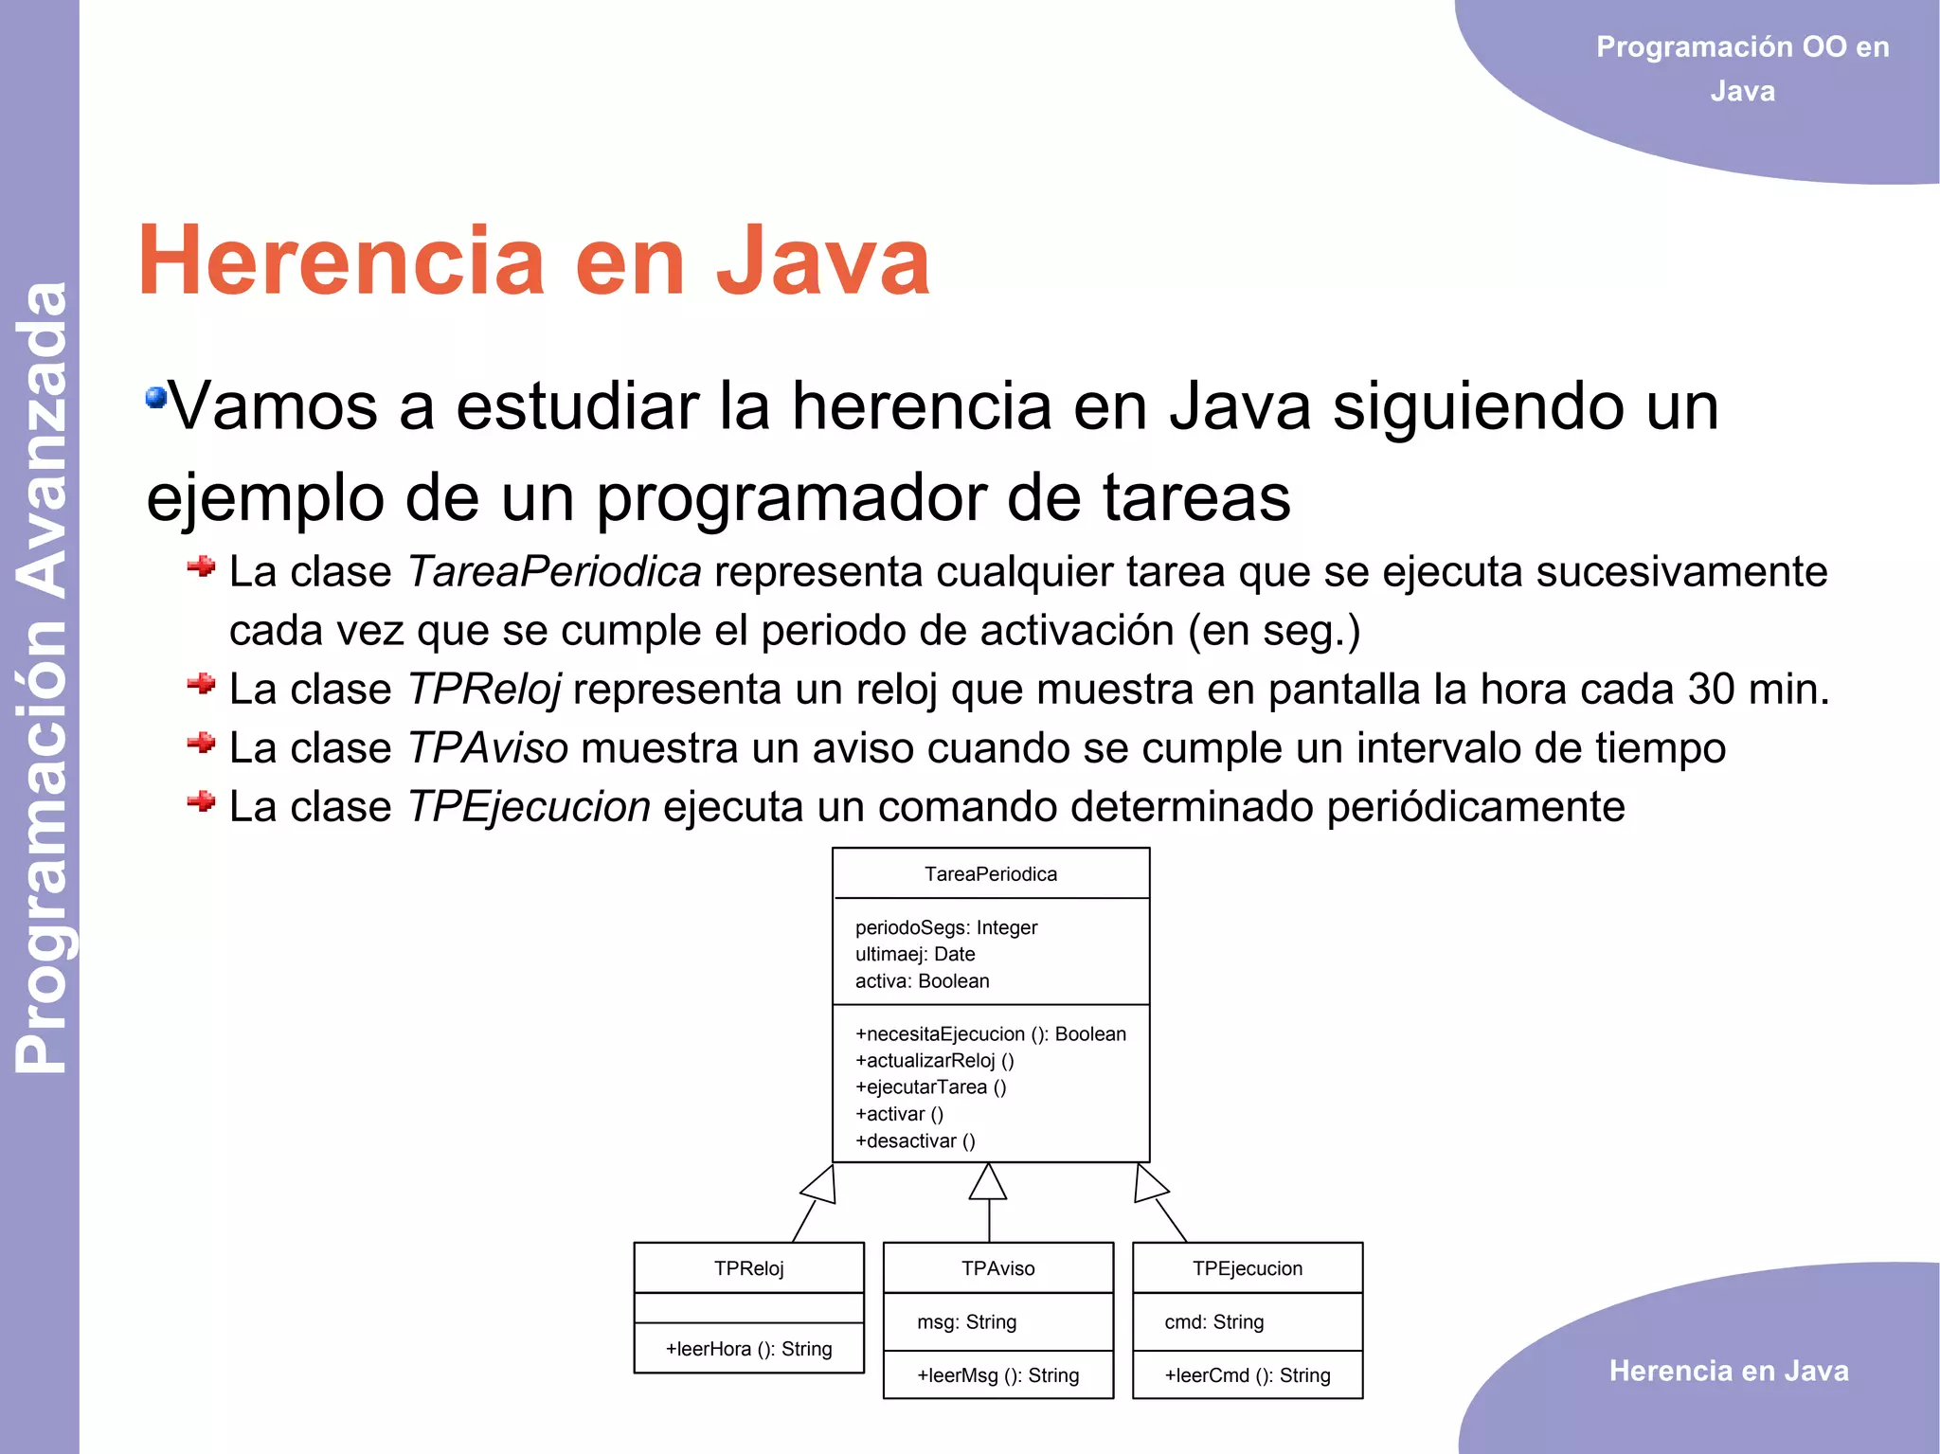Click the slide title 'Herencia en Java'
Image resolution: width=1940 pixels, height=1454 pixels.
533,260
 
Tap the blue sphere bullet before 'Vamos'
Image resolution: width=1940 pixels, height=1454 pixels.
155,397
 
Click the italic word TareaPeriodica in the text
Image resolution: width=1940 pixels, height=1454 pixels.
554,572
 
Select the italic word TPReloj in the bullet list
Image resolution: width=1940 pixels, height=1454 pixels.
484,690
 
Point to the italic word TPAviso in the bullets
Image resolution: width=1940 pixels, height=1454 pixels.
488,748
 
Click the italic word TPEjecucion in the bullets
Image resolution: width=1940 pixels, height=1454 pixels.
529,807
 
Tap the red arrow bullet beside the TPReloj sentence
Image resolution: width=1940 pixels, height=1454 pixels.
201,684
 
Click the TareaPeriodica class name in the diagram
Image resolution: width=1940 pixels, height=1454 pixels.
991,874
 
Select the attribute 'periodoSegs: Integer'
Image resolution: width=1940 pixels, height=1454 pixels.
946,927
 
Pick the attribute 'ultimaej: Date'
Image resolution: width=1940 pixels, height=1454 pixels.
915,954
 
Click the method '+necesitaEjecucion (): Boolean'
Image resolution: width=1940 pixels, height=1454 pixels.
991,1033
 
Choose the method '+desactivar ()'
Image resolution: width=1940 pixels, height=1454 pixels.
915,1140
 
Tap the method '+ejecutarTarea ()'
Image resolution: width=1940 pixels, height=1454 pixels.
930,1087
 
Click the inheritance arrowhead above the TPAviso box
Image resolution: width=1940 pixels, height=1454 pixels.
988,1183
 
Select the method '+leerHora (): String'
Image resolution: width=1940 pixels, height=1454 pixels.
748,1349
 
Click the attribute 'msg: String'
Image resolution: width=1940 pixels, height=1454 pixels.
966,1321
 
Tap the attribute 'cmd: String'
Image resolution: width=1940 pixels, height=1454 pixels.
1213,1321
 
